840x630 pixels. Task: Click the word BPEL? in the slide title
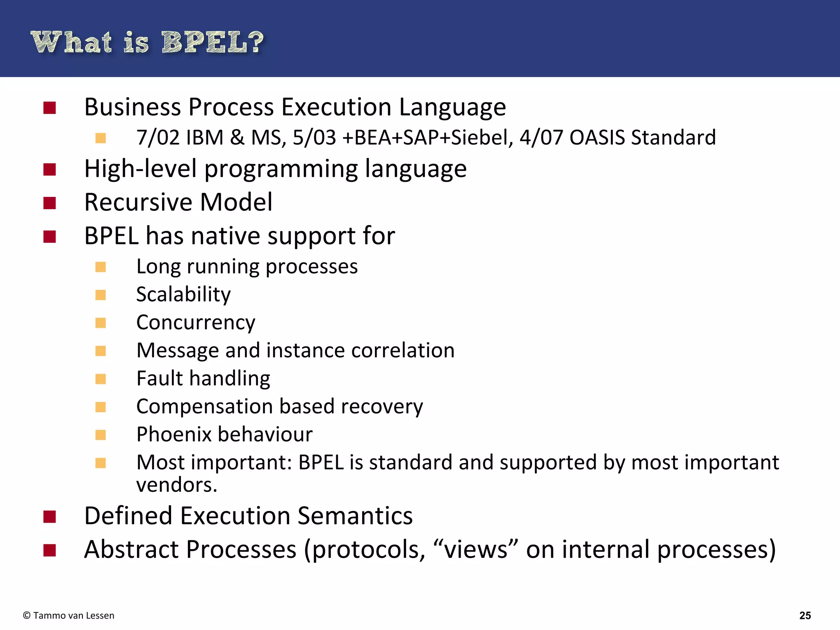pyautogui.click(x=212, y=42)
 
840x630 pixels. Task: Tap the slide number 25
pyautogui.click(x=805, y=615)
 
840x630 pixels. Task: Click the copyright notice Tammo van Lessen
pyautogui.click(x=69, y=615)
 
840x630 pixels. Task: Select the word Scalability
pyautogui.click(x=183, y=294)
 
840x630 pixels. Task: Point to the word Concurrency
pyautogui.click(x=196, y=322)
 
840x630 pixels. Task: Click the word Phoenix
pyautogui.click(x=173, y=434)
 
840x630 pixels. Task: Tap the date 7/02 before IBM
pyautogui.click(x=158, y=137)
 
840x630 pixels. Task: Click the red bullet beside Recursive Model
pyautogui.click(x=50, y=203)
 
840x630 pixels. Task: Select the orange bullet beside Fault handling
pyautogui.click(x=100, y=379)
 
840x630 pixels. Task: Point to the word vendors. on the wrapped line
pyautogui.click(x=176, y=485)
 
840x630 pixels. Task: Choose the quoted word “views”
pyautogui.click(x=476, y=550)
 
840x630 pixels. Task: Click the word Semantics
pyautogui.click(x=355, y=516)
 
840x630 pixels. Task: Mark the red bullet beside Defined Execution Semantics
pyautogui.click(x=50, y=517)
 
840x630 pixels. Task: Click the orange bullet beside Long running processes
pyautogui.click(x=100, y=267)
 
